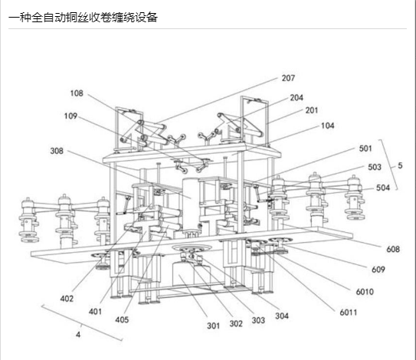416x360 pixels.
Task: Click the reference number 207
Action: (288, 78)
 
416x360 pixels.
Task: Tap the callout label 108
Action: (77, 93)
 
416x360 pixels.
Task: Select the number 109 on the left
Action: (70, 116)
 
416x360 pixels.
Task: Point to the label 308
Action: (57, 151)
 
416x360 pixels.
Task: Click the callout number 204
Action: (296, 97)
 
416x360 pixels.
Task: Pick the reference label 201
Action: (312, 110)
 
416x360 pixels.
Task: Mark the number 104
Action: (327, 126)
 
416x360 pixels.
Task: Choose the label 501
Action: (365, 149)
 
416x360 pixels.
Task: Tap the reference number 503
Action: (375, 167)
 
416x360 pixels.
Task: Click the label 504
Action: (383, 188)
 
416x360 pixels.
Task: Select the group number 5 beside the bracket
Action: (400, 165)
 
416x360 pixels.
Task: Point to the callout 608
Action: (393, 249)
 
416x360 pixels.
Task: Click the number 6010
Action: (365, 292)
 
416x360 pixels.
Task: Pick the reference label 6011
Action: (349, 313)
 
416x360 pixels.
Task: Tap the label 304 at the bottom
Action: (282, 316)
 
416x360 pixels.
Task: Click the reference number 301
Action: (213, 326)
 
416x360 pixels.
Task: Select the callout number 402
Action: (67, 299)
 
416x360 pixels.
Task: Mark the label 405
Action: (122, 319)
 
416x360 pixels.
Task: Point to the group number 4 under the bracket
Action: (78, 335)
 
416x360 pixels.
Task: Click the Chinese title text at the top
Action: (83, 18)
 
